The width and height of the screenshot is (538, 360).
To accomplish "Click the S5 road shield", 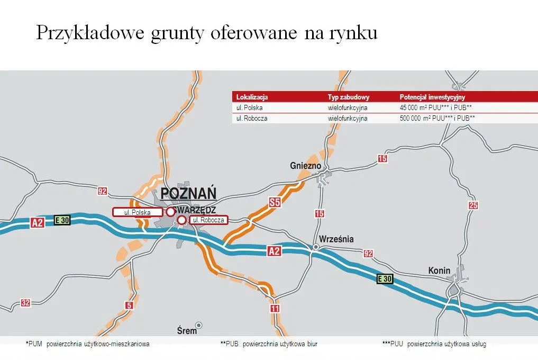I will (275, 202).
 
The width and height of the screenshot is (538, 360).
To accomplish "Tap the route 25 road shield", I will (473, 205).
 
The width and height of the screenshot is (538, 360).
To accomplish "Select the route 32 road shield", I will (25, 303).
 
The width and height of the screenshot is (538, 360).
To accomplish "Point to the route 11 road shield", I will (274, 309).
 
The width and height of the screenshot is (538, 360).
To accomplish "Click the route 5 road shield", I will (129, 305).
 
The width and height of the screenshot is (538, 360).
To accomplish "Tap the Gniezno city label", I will (306, 166).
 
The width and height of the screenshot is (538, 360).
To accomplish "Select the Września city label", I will (336, 239).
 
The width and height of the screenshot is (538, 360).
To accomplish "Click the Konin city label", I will (439, 271).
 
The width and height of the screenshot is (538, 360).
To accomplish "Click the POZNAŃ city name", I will (185, 193).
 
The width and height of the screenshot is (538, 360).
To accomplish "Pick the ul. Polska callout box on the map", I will (137, 212).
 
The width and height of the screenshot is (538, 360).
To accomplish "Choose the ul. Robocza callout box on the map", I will (208, 220).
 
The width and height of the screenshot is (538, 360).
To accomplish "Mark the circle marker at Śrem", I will (199, 325).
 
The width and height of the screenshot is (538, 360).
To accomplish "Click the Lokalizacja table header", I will (252, 97).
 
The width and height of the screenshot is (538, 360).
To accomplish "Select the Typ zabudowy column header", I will (348, 97).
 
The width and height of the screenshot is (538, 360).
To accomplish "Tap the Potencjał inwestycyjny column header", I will (432, 97).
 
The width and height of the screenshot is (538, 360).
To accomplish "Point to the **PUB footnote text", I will (269, 344).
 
